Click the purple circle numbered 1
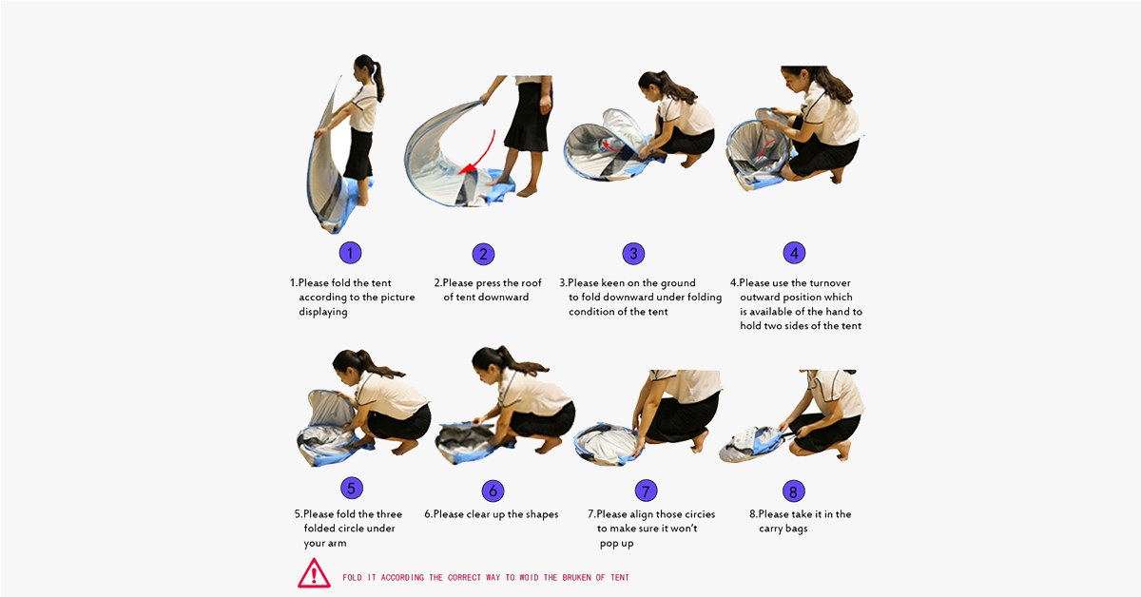pos(351,253)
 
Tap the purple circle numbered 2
pos(483,254)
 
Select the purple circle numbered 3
pos(633,254)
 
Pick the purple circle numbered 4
pos(794,253)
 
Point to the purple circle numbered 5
pos(352,488)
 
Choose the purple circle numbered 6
pos(493,491)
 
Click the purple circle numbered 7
pos(646,491)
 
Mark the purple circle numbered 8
pos(794,491)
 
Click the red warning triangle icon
pos(315,573)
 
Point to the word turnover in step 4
pos(830,282)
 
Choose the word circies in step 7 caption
pos(698,514)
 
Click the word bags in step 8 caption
pos(797,530)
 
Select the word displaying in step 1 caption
pos(323,312)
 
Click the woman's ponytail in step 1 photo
pos(378,81)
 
